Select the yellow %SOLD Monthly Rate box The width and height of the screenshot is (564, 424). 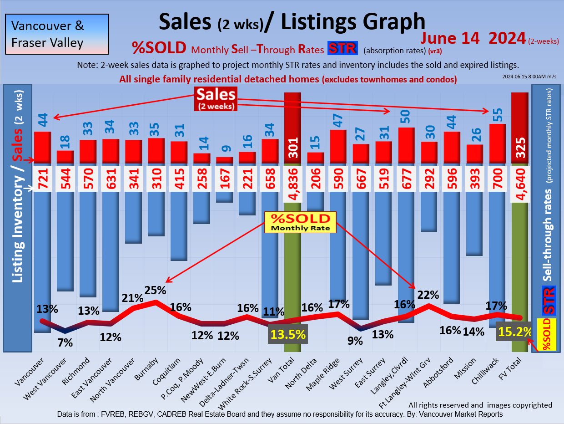pyautogui.click(x=300, y=222)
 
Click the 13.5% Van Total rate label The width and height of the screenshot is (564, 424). pyautogui.click(x=287, y=334)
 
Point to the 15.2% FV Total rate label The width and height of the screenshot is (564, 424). pyautogui.click(x=514, y=332)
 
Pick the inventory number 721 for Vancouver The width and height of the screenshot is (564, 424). pyautogui.click(x=42, y=178)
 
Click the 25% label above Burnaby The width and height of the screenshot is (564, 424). pyautogui.click(x=156, y=290)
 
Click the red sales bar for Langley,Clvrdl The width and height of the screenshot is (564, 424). pyautogui.click(x=406, y=146)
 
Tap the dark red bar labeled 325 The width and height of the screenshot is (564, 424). pyautogui.click(x=519, y=128)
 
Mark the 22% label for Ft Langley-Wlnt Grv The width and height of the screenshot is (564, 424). pyautogui.click(x=428, y=295)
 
